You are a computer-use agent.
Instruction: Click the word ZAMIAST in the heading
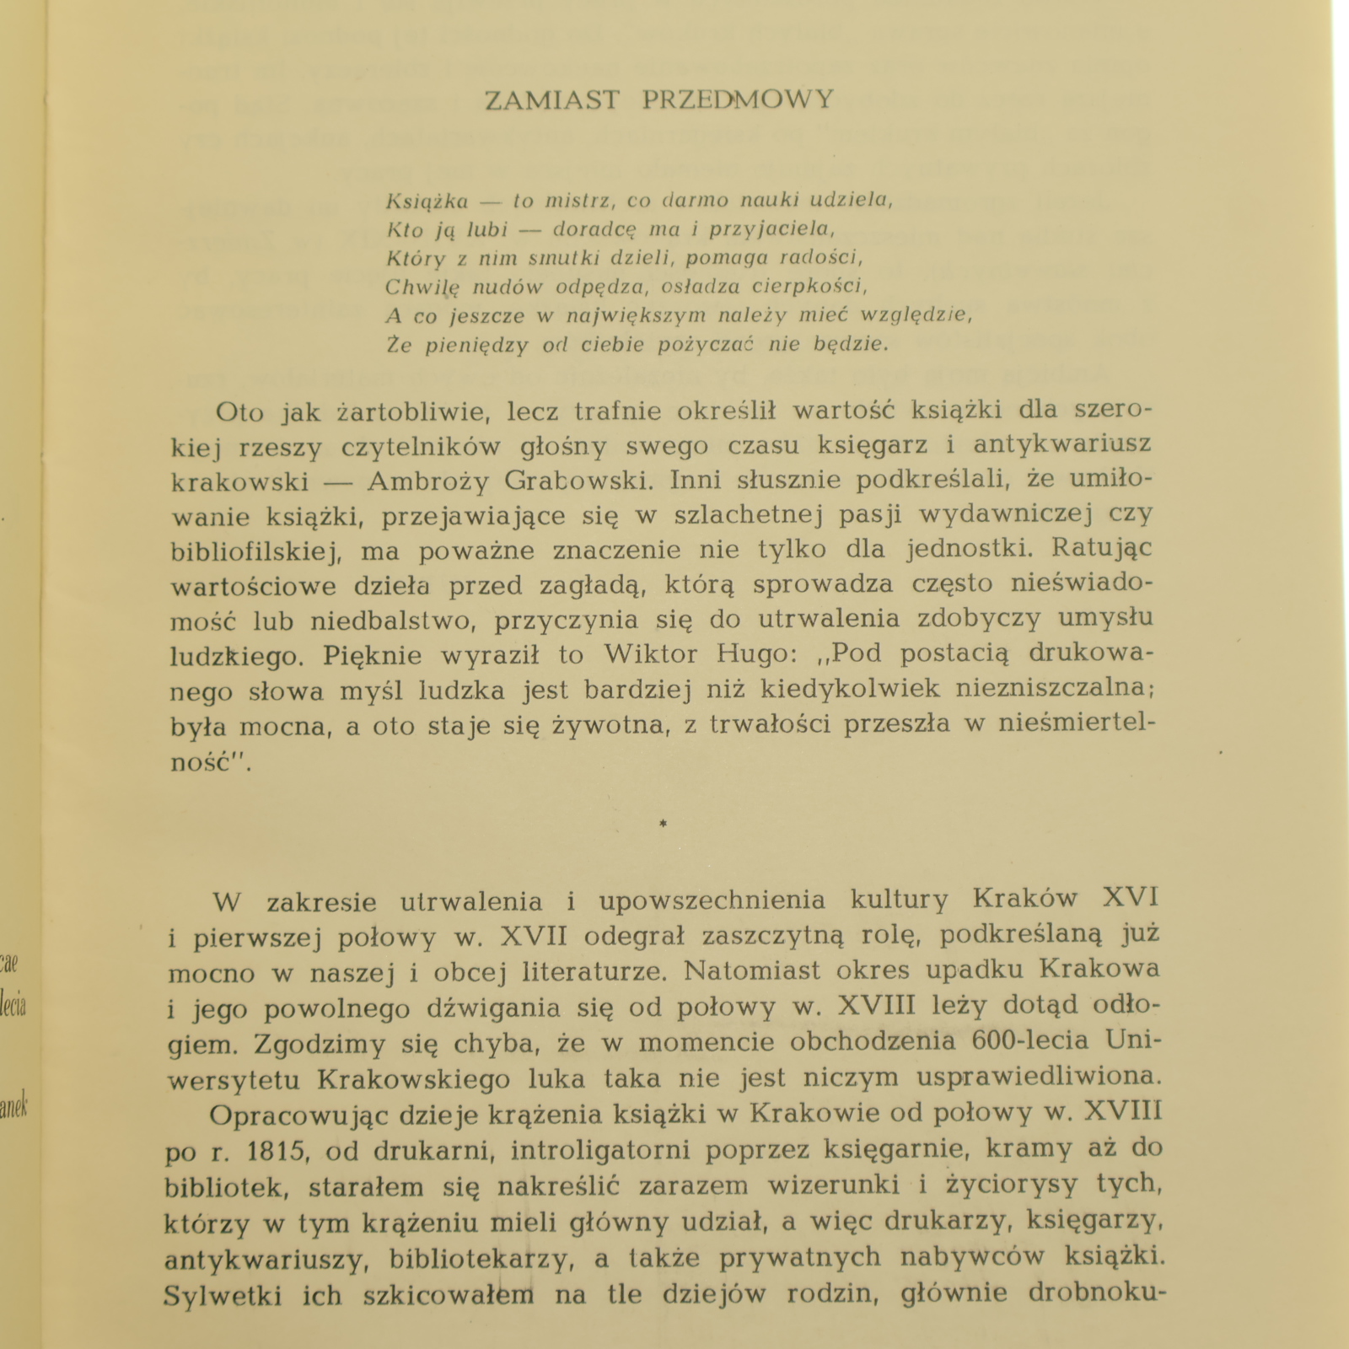click(x=551, y=100)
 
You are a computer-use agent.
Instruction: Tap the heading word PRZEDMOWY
click(x=738, y=100)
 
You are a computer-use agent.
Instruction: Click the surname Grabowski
click(x=579, y=480)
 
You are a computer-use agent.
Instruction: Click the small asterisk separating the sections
click(x=663, y=824)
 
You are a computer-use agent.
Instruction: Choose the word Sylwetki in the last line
click(x=223, y=1295)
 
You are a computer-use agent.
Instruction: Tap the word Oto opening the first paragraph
click(x=239, y=412)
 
